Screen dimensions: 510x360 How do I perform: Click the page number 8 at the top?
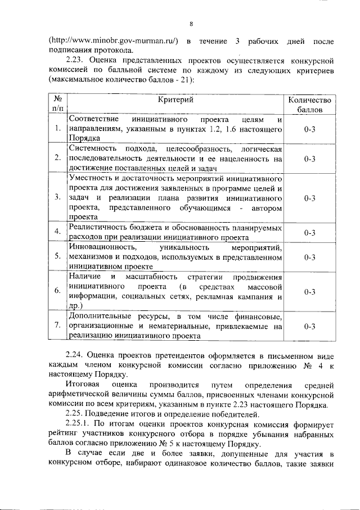191,24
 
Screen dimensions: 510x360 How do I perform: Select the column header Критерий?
175,100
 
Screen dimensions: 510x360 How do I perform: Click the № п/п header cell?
57,104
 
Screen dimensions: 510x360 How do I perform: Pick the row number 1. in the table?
57,129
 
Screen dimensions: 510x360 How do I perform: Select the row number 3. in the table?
57,197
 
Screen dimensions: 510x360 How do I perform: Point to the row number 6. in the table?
57,291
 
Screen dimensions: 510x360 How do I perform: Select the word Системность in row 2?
93,148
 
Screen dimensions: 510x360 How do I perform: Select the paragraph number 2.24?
75,356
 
